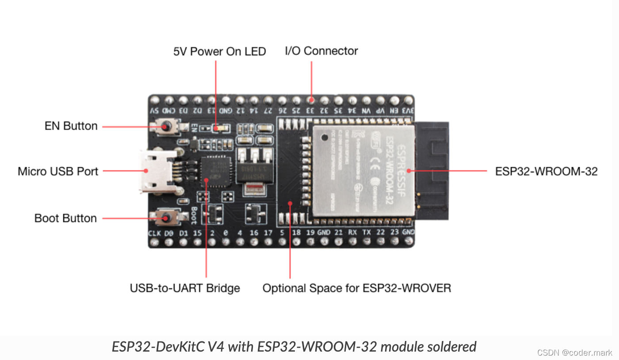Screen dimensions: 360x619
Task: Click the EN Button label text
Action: pos(71,126)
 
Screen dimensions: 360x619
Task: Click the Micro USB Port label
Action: pos(58,171)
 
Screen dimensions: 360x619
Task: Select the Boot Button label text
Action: pos(65,218)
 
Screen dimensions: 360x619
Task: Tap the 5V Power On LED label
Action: pos(219,51)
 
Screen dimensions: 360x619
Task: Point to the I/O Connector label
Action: pos(321,51)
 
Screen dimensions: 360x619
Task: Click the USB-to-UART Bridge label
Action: pos(185,288)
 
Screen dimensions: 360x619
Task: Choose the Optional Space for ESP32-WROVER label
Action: pos(356,288)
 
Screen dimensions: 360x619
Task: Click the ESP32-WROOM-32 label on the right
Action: pos(546,171)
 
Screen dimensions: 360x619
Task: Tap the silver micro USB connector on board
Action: pos(157,171)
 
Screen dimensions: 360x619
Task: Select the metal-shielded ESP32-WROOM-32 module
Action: pos(363,170)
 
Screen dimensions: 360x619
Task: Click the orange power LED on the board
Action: pos(218,128)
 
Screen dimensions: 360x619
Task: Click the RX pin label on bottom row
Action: pos(352,232)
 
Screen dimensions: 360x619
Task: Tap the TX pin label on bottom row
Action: pos(367,232)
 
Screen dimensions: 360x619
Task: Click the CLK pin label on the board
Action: pos(154,233)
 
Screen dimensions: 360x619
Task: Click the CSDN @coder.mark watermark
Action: pos(574,352)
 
